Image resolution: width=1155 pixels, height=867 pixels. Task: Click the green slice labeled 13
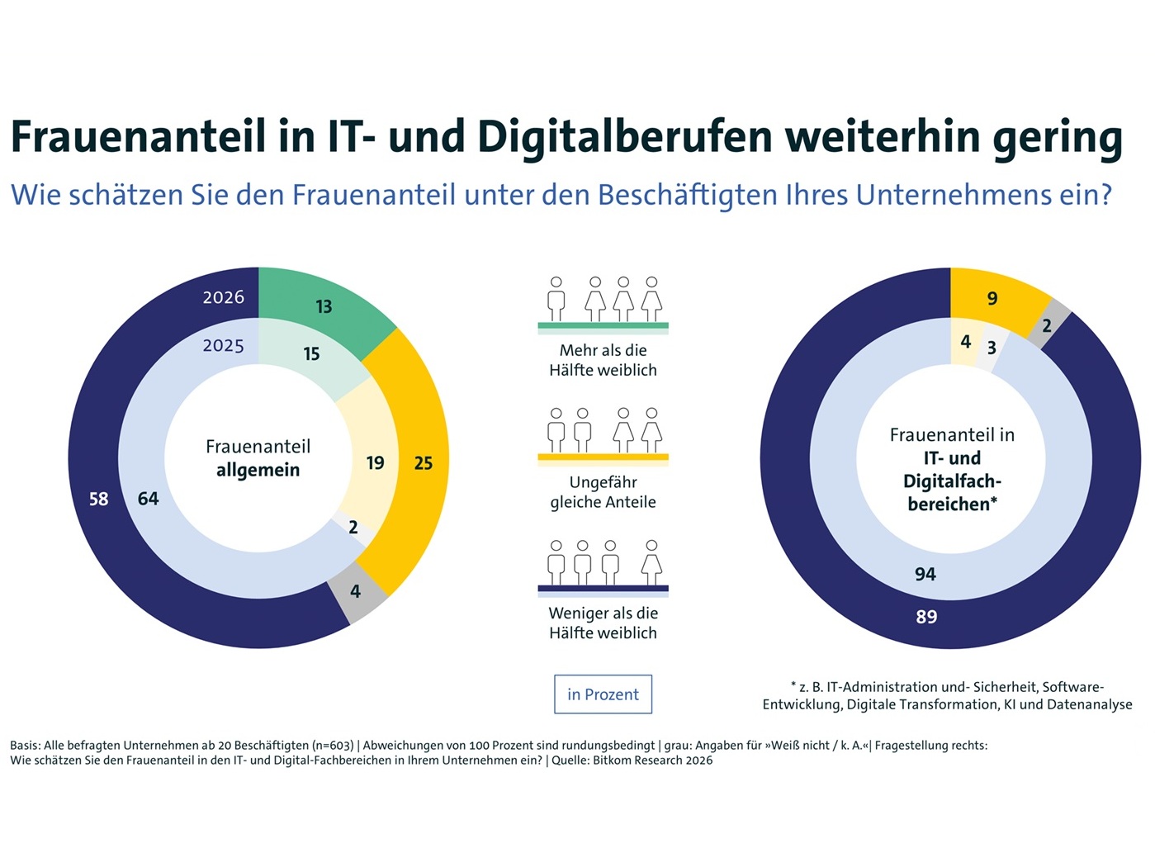[x=324, y=306]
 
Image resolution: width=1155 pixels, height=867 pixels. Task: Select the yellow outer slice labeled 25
[x=423, y=463]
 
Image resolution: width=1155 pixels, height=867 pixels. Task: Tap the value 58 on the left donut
[x=98, y=499]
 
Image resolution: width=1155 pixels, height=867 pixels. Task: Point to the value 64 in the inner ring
[x=148, y=499]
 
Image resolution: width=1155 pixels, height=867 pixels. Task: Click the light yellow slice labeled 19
[x=375, y=463]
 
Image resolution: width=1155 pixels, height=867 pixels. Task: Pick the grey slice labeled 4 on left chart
[x=356, y=591]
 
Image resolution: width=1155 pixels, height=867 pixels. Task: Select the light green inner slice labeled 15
[x=311, y=354]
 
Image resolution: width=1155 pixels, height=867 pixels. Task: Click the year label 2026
[x=224, y=297]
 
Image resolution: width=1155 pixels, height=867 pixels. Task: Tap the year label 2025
[x=224, y=345]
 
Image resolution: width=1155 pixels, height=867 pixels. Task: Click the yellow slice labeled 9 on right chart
[x=992, y=298]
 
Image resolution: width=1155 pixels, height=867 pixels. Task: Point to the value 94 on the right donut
[x=925, y=574]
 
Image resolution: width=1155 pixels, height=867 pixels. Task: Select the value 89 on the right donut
[x=926, y=617]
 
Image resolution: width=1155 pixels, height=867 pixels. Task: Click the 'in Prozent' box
[x=603, y=694]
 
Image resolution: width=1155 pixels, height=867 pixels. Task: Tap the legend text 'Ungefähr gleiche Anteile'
[x=603, y=492]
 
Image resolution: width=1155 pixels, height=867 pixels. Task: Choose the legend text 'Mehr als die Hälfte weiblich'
[x=603, y=360]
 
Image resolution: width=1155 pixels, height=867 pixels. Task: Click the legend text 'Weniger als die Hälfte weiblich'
[x=603, y=623]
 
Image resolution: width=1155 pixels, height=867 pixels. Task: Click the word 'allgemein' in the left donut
[x=258, y=470]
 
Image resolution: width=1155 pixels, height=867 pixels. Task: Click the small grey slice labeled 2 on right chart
[x=1047, y=325]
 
